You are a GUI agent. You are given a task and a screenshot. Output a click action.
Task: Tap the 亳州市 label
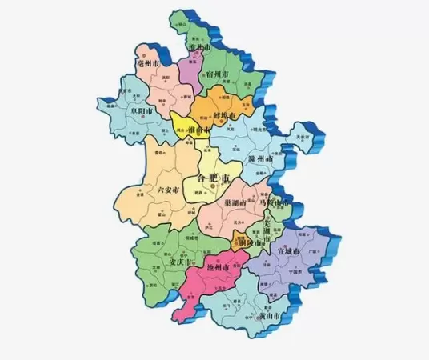point(150,62)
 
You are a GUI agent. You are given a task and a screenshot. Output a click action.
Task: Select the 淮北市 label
point(198,48)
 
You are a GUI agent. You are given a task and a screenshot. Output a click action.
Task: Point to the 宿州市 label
point(220,74)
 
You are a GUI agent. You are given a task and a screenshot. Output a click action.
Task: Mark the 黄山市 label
point(269,316)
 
